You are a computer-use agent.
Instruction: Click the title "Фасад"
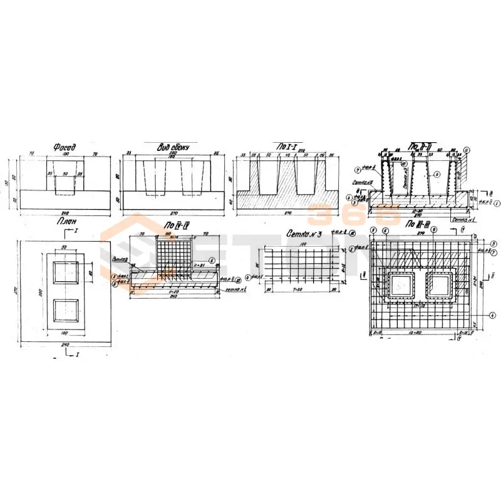[x=65, y=148]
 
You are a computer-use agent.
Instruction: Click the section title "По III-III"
[x=418, y=224]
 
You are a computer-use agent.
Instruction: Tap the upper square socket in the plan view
[x=65, y=273]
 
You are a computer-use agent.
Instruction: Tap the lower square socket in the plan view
[x=65, y=311]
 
